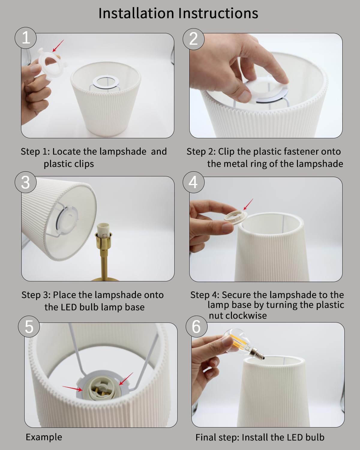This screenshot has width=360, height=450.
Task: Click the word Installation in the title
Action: [136, 13]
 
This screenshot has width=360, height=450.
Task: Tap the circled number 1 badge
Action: [26, 38]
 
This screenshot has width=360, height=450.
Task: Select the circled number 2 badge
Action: [193, 39]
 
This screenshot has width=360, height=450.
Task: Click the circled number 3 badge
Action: [26, 182]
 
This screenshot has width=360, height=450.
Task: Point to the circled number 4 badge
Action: [193, 182]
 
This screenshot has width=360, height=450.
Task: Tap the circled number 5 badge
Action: [29, 327]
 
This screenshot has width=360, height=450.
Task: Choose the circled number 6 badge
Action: [196, 327]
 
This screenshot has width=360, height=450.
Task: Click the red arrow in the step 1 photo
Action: [58, 46]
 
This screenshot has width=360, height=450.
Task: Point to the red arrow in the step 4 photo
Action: [248, 204]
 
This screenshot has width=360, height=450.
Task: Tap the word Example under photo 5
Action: [44, 437]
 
